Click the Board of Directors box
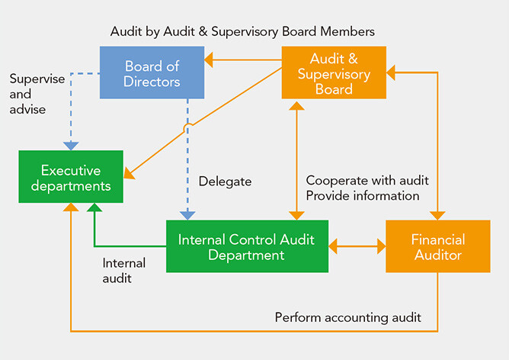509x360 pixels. (x=152, y=72)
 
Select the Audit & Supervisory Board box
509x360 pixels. (x=334, y=72)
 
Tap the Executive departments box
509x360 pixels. (x=71, y=177)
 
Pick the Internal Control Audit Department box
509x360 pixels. (x=247, y=246)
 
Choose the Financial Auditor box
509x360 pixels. (x=437, y=246)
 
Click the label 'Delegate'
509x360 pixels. (x=225, y=182)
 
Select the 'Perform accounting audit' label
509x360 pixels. (x=347, y=317)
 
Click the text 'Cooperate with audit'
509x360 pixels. (x=367, y=181)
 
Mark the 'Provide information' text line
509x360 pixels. (x=363, y=196)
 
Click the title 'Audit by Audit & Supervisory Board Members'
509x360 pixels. (x=242, y=31)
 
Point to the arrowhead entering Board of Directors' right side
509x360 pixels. (x=209, y=59)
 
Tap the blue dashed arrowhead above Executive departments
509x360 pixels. (x=71, y=145)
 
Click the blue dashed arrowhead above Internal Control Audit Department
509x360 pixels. (x=187, y=215)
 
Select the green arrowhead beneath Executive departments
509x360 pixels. (x=94, y=208)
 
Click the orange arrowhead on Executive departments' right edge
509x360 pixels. (x=128, y=174)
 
